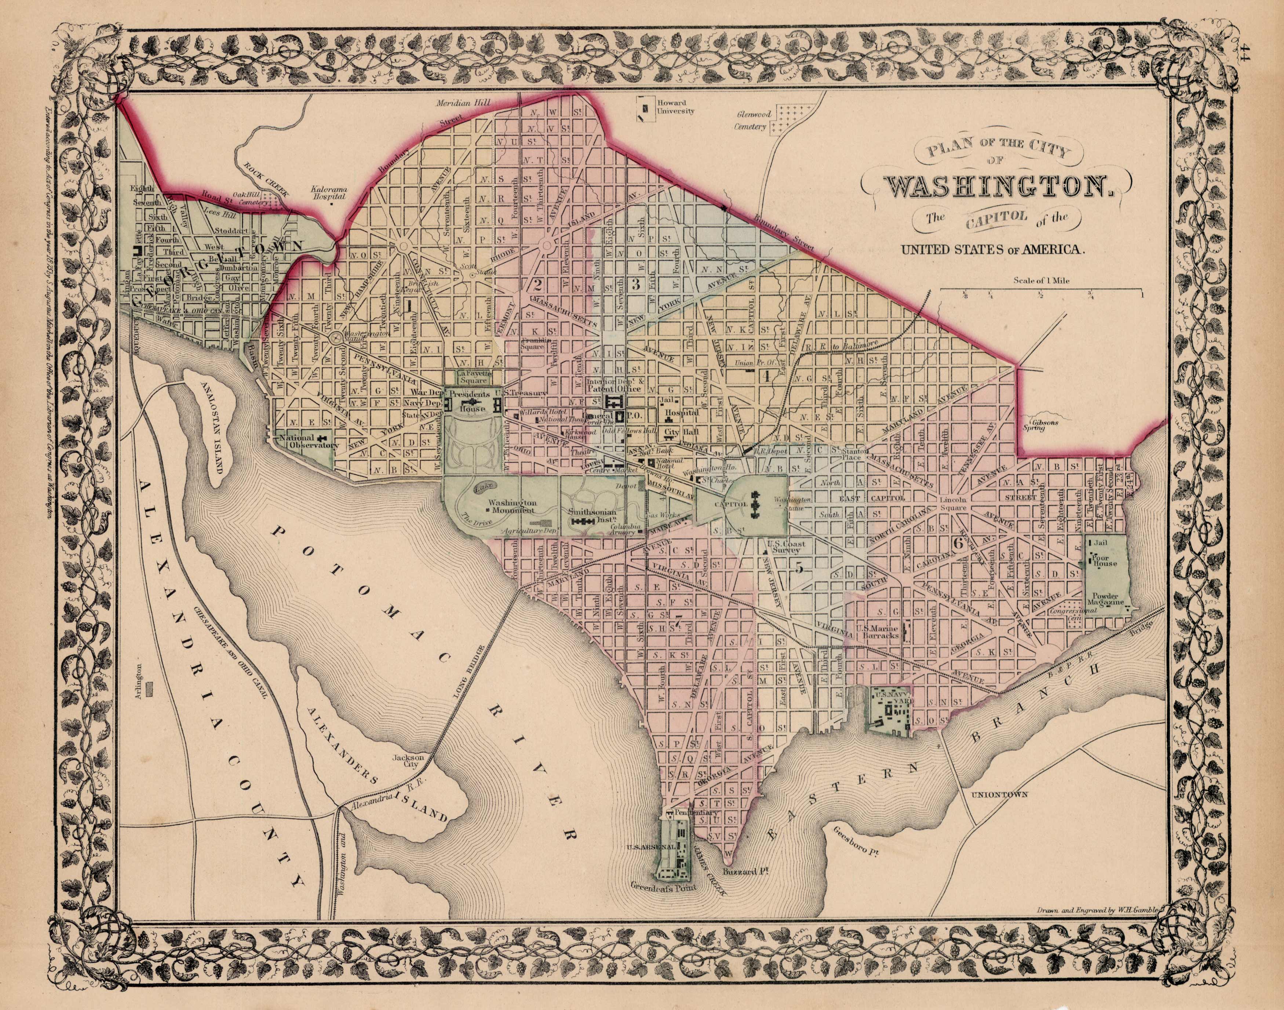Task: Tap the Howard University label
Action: (x=676, y=106)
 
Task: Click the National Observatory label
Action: (x=304, y=442)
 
